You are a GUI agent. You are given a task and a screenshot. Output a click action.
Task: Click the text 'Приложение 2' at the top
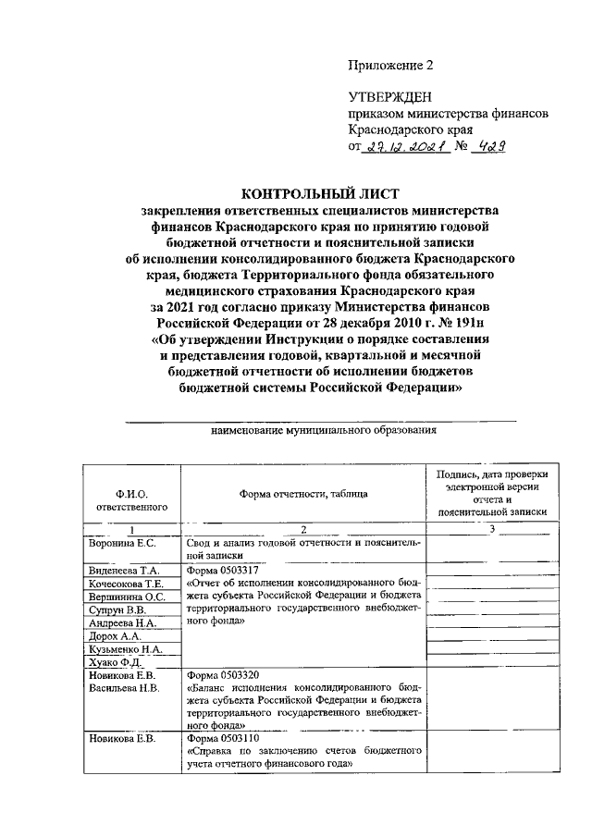click(390, 66)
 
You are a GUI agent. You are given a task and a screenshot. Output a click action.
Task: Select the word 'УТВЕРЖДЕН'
click(389, 97)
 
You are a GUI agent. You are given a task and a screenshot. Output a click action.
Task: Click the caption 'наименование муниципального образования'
click(323, 431)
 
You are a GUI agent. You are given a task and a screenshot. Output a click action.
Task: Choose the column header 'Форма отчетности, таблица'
click(303, 495)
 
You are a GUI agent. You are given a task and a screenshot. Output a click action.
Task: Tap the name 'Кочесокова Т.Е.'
click(127, 585)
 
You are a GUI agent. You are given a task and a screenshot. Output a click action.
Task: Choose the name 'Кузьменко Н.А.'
click(125, 651)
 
